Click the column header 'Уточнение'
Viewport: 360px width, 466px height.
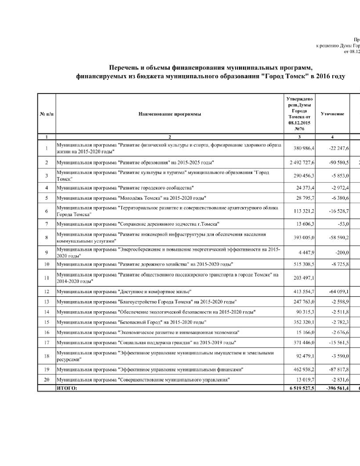[332, 114]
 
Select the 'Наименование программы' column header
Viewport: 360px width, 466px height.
[170, 114]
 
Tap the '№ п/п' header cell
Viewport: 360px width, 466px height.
[47, 114]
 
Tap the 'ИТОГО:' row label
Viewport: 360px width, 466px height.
[67, 388]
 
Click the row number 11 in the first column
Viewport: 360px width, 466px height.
[47, 278]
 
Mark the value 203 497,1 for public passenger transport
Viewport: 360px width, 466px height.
[304, 278]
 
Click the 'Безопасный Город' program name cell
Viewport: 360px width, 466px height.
[131, 322]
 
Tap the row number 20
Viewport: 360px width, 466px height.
[47, 380]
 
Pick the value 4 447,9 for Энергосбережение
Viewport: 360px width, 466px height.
[306, 252]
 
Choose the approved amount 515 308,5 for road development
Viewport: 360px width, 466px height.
[304, 264]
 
